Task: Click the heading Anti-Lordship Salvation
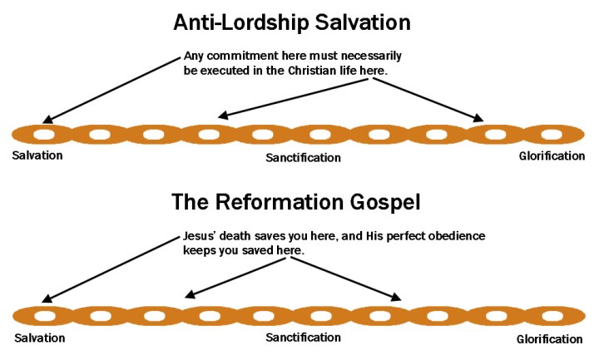click(x=298, y=22)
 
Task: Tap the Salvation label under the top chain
click(x=37, y=155)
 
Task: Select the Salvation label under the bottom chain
click(x=39, y=338)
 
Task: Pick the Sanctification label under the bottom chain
click(x=303, y=338)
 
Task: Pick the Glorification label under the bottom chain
click(x=549, y=339)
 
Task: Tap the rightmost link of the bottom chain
click(x=553, y=316)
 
